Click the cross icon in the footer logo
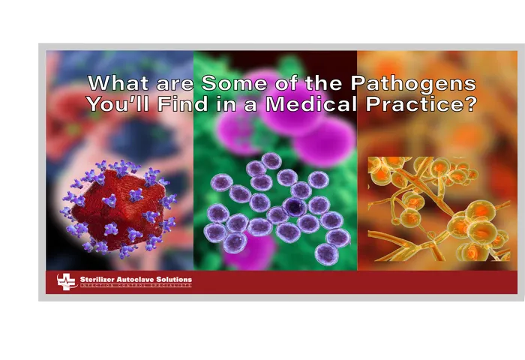(x=67, y=282)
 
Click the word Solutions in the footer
(x=177, y=280)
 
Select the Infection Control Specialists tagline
(x=135, y=286)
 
